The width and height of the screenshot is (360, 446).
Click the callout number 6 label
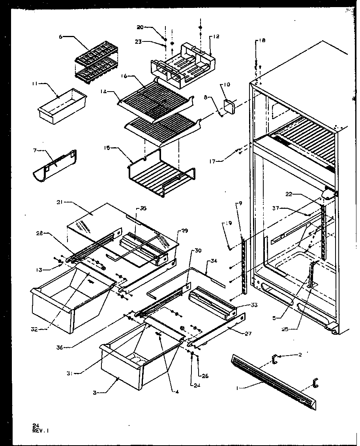pyautogui.click(x=61, y=36)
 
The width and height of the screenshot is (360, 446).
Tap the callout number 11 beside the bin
pyautogui.click(x=34, y=84)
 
